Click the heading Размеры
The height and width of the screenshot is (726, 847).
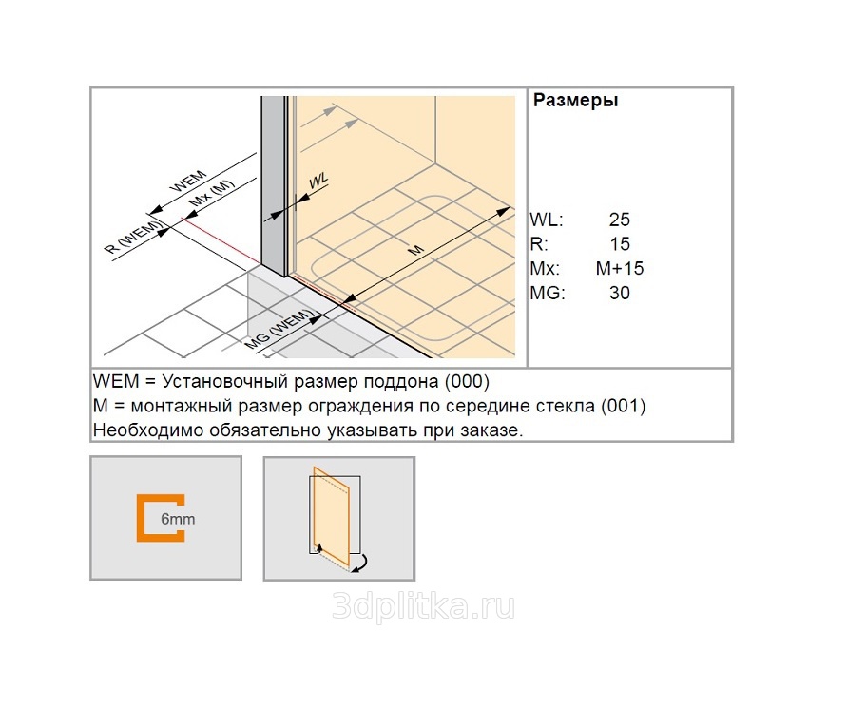[575, 101]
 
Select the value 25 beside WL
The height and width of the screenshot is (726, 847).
[620, 220]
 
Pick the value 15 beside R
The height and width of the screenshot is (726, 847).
[620, 244]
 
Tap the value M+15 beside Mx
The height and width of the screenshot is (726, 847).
[620, 268]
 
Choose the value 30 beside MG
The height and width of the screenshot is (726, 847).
[620, 293]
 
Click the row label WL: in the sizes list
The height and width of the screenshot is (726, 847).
[546, 220]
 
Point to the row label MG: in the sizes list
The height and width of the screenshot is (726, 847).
[548, 293]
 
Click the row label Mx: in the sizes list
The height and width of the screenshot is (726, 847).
[545, 268]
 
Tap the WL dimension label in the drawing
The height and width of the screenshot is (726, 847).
[318, 181]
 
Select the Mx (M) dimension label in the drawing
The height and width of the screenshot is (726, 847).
[212, 193]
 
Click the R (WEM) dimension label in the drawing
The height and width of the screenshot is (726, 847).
[134, 237]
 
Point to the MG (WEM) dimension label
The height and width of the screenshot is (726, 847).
[279, 329]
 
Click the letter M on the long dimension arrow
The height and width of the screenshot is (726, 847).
[415, 250]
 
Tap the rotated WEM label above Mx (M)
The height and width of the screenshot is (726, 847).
[188, 181]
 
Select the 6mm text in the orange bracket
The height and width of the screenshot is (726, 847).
[178, 519]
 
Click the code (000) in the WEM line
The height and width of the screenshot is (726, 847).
[467, 382]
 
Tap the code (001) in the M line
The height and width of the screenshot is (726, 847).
[624, 406]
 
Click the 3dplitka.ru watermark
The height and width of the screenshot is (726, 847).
[423, 606]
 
